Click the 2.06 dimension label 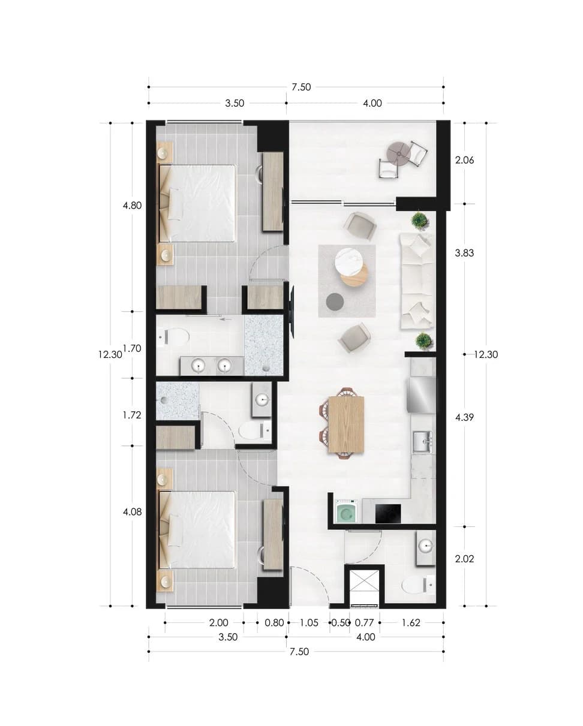[x=464, y=160]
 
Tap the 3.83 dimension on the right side [x=464, y=253]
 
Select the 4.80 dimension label [x=132, y=206]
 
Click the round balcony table [x=399, y=153]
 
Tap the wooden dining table [x=346, y=424]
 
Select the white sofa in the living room [x=417, y=281]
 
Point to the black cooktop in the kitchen [x=388, y=514]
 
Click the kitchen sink [x=423, y=442]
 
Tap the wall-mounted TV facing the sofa [x=292, y=311]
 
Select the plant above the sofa [x=420, y=221]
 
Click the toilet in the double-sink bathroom [x=173, y=336]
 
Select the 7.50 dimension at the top [x=301, y=87]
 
